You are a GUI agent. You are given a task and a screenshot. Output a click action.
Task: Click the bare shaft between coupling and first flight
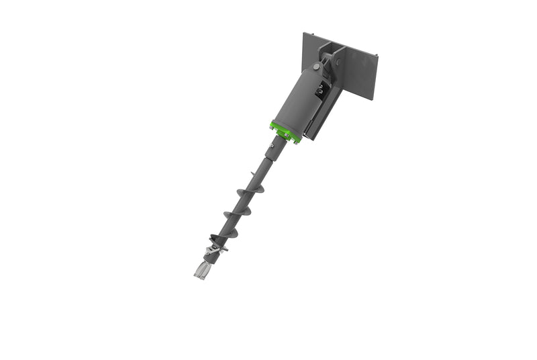click(x=260, y=171)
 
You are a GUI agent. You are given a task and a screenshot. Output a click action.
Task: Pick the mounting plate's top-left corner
click(x=304, y=33)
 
